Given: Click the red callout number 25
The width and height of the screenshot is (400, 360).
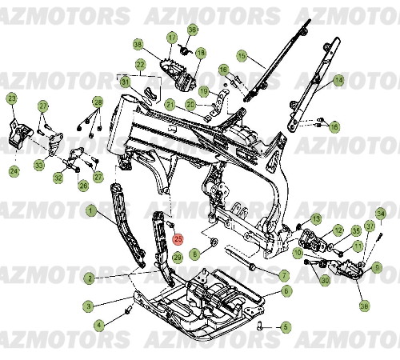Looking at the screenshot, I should (178, 238).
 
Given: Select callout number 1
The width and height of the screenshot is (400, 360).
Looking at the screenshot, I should (90, 212).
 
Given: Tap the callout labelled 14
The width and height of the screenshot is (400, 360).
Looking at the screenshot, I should (338, 80).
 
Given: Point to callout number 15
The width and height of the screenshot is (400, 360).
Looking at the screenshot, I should (242, 57).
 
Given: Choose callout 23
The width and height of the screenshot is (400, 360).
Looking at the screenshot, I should (11, 98).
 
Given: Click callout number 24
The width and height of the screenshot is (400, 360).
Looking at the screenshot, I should (14, 170).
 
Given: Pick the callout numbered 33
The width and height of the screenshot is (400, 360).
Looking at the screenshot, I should (38, 165).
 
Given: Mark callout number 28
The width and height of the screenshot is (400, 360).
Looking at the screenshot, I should (98, 102).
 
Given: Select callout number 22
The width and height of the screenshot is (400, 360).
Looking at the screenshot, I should (140, 64).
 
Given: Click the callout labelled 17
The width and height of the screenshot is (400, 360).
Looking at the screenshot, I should (171, 38).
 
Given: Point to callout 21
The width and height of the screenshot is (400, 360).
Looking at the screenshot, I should (170, 104).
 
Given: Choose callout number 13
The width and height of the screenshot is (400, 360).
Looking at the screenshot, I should (316, 218).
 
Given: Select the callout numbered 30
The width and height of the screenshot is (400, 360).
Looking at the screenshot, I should (325, 280).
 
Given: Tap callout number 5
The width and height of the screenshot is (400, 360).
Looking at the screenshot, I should (286, 326).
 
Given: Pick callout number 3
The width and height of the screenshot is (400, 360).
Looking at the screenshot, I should (90, 305).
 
